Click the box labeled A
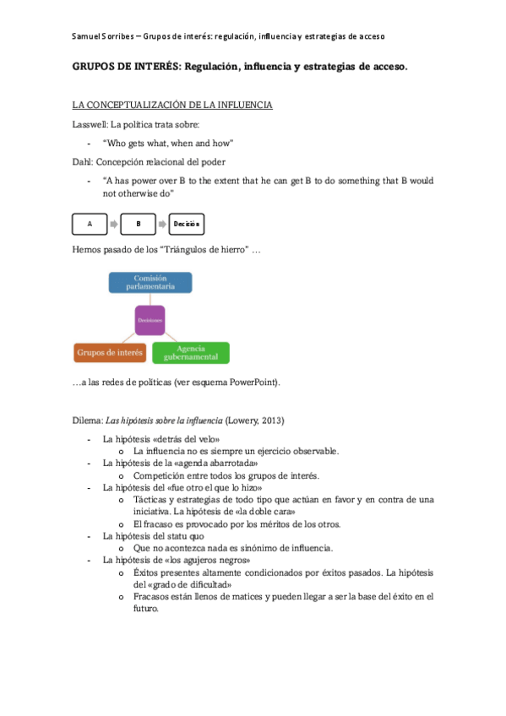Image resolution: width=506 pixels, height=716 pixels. tap(90, 225)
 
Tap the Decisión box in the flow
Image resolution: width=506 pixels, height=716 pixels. tap(186, 225)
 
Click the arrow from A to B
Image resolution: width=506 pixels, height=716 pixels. tap(114, 225)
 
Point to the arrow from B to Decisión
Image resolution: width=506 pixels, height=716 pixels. tap(162, 225)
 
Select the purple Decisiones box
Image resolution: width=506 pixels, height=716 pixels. tap(150, 321)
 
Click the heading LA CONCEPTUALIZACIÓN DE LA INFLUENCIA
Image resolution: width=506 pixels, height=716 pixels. tap(172, 106)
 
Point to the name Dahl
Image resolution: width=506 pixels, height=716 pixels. tap(83, 161)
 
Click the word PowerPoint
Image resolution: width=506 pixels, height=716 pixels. tap(253, 382)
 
